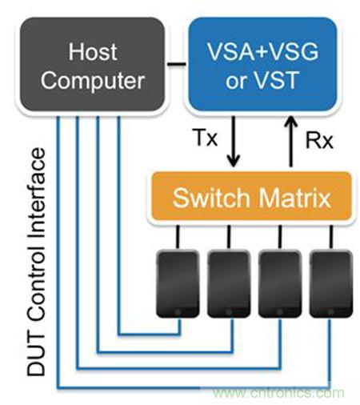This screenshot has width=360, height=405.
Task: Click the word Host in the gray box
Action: tap(93, 52)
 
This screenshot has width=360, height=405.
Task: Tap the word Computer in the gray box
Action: tap(93, 80)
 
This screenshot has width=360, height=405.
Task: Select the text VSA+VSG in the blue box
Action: tap(262, 51)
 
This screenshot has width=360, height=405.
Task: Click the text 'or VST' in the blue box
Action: tap(262, 79)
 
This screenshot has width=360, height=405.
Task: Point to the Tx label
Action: tap(206, 138)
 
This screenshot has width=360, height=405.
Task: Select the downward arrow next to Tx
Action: tap(234, 142)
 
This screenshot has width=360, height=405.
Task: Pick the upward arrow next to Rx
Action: tap(291, 142)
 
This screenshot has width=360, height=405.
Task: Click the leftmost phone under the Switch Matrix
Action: tap(178, 283)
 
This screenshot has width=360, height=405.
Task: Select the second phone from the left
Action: tap(229, 283)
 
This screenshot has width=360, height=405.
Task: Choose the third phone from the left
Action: tap(280, 283)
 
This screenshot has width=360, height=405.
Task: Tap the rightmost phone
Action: tap(331, 283)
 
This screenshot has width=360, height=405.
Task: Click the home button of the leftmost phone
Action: tap(178, 311)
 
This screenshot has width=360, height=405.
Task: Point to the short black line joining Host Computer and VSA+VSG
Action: tap(176, 64)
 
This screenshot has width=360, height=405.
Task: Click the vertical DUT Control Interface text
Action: tap(37, 262)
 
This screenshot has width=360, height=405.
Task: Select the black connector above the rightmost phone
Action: tap(331, 237)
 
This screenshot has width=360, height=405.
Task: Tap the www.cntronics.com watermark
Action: tap(278, 393)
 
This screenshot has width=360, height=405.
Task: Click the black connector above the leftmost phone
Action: tap(178, 237)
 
